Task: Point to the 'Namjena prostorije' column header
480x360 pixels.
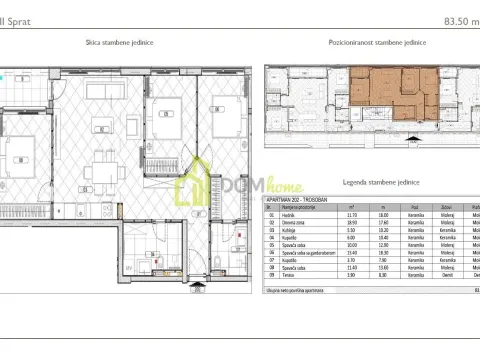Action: pos(300,206)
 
